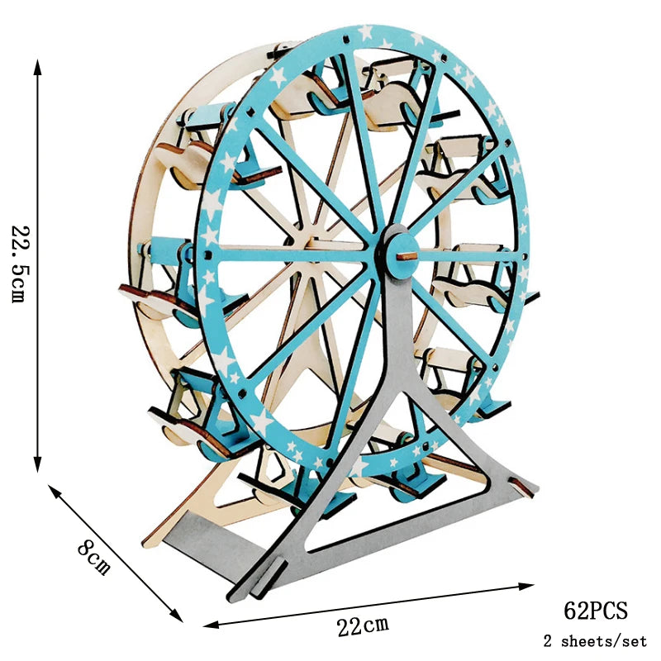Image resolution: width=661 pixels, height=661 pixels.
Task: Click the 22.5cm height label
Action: click(x=20, y=264)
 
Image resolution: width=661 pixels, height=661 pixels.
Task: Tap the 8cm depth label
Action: click(x=94, y=559)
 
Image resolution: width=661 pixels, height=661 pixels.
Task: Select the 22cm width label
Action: click(x=363, y=625)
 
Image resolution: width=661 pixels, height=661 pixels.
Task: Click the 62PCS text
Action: click(x=595, y=611)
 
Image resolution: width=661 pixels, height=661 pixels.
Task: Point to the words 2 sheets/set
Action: click(x=595, y=641)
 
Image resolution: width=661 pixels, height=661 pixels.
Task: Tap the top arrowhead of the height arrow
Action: click(x=37, y=67)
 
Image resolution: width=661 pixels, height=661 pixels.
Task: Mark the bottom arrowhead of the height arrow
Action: click(x=37, y=464)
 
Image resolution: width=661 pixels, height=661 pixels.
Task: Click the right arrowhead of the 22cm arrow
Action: click(x=527, y=586)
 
